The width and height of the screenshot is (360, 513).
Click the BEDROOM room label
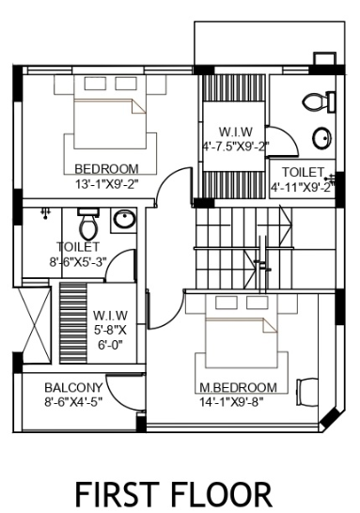(x=106, y=169)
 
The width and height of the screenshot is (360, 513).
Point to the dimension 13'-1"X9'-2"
(x=106, y=184)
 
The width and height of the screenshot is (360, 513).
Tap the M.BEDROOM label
(x=237, y=387)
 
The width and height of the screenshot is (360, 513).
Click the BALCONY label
(x=73, y=387)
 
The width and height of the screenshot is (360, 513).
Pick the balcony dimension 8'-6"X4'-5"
(x=73, y=402)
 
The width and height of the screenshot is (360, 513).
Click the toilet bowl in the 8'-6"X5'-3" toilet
(x=87, y=225)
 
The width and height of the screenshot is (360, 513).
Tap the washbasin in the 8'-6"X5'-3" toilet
(x=123, y=221)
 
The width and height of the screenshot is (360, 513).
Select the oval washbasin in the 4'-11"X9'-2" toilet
(x=321, y=139)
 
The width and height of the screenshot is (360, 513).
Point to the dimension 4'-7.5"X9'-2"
(x=235, y=146)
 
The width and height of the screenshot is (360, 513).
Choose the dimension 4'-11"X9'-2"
(x=302, y=186)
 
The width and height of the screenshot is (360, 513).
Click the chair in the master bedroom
(x=307, y=391)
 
